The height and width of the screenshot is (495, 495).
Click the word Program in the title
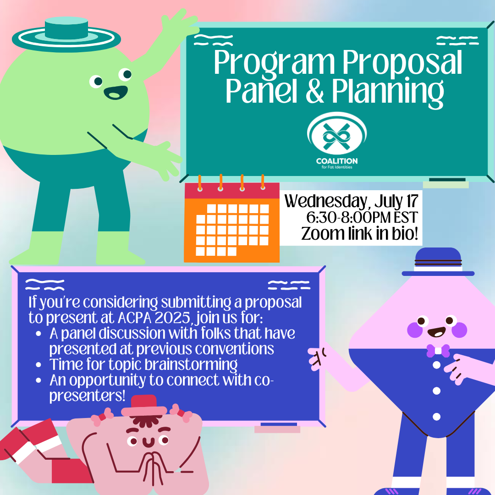coord(274,63)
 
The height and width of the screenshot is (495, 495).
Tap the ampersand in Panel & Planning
coord(315,92)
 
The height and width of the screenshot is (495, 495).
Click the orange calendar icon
coord(232,219)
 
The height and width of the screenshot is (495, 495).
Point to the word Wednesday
coord(326,201)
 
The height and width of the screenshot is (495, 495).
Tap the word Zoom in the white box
coord(323,234)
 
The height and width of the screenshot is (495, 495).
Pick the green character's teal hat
coord(66,35)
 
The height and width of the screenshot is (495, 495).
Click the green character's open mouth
coord(116,93)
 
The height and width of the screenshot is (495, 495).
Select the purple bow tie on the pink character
coord(438,351)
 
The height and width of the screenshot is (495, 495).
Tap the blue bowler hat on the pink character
coord(438,262)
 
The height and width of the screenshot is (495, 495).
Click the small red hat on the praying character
coord(144,406)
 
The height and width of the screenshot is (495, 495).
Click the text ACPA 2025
coord(154,318)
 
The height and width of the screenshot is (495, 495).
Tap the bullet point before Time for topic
coord(38,365)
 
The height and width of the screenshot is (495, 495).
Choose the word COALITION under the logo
coord(337,161)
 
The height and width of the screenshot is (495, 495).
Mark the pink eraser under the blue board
coord(277,429)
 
